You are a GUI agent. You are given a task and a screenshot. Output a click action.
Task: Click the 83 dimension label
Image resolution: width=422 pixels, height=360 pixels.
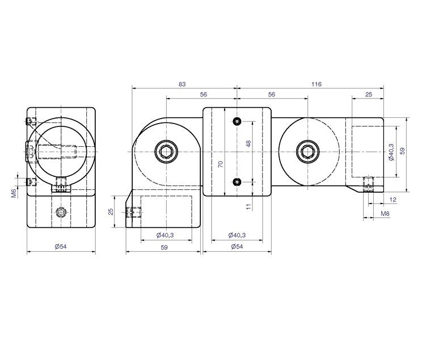tap(182, 84)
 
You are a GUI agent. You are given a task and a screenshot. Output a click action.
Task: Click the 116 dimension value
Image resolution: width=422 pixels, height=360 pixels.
tap(317, 84)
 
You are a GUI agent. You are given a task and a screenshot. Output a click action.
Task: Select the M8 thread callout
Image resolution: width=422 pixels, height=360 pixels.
tap(385, 214)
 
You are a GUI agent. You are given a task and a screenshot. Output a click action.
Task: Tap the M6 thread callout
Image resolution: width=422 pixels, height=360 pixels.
tap(14, 193)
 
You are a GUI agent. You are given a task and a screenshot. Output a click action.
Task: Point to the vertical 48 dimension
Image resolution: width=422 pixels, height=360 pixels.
tap(248, 143)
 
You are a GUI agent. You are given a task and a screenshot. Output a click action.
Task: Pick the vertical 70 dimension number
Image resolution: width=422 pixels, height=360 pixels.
tap(221, 164)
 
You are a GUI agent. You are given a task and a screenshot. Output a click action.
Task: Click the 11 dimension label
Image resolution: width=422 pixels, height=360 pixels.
tap(248, 206)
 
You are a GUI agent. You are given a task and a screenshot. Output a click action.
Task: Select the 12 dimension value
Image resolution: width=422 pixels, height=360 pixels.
tap(393, 200)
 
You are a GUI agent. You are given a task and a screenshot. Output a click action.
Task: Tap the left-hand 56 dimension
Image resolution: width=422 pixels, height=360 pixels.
tap(204, 95)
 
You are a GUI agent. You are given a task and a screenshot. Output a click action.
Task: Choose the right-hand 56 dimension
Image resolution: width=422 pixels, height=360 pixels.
tap(272, 95)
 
